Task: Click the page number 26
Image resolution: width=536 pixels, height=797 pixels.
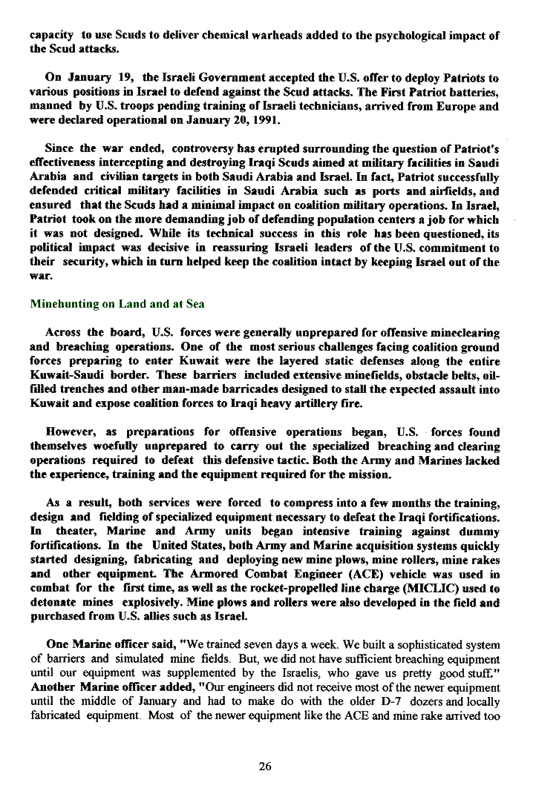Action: pos(265,767)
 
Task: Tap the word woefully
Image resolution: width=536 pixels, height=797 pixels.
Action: pos(100,446)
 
